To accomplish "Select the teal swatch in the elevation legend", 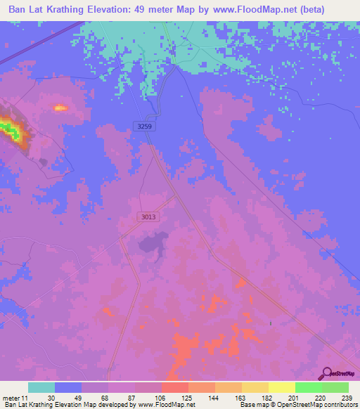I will point(41,387).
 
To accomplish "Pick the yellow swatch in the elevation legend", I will point(281,387).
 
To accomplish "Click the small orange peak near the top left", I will point(60,108).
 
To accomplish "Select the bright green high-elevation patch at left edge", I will point(8,129).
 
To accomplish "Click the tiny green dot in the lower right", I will point(270,323).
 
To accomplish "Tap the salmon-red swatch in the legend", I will point(174,387).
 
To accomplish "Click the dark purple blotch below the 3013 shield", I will point(150,244).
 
